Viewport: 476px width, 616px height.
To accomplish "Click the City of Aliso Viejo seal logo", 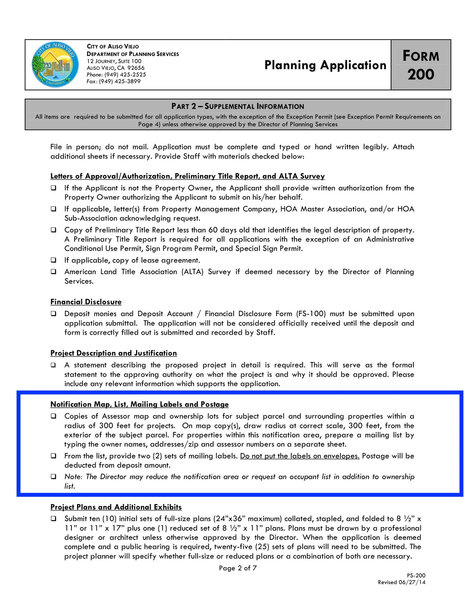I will [x=55, y=64].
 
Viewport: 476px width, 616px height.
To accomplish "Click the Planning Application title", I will [x=325, y=65].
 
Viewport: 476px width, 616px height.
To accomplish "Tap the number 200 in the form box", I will [x=421, y=75].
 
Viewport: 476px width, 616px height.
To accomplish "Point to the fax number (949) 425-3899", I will [x=119, y=81].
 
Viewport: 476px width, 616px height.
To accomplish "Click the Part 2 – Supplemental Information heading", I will [x=238, y=106].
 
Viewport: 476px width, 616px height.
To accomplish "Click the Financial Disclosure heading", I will [x=86, y=302].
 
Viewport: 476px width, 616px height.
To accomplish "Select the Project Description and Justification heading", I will [x=113, y=353].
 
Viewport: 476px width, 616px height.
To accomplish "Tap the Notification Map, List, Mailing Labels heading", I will [x=139, y=404].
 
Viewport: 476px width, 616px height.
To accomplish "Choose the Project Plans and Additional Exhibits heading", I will [x=116, y=507].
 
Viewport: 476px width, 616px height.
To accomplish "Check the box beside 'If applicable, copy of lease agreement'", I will [x=54, y=260].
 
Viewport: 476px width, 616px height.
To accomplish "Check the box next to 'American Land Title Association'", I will [x=54, y=272].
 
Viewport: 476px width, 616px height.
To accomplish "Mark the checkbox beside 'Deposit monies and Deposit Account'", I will [x=54, y=314].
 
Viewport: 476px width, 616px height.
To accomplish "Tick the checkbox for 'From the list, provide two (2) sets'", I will [x=54, y=456].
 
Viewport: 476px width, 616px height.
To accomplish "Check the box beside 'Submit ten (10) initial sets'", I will [x=54, y=519].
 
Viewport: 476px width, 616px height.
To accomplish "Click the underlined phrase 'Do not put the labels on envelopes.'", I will [x=299, y=456].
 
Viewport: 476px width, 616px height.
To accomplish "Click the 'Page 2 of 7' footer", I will [x=238, y=568].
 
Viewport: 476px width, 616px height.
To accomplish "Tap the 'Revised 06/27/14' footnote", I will [x=401, y=582].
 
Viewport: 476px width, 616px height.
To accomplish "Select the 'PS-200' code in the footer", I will [x=416, y=576].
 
